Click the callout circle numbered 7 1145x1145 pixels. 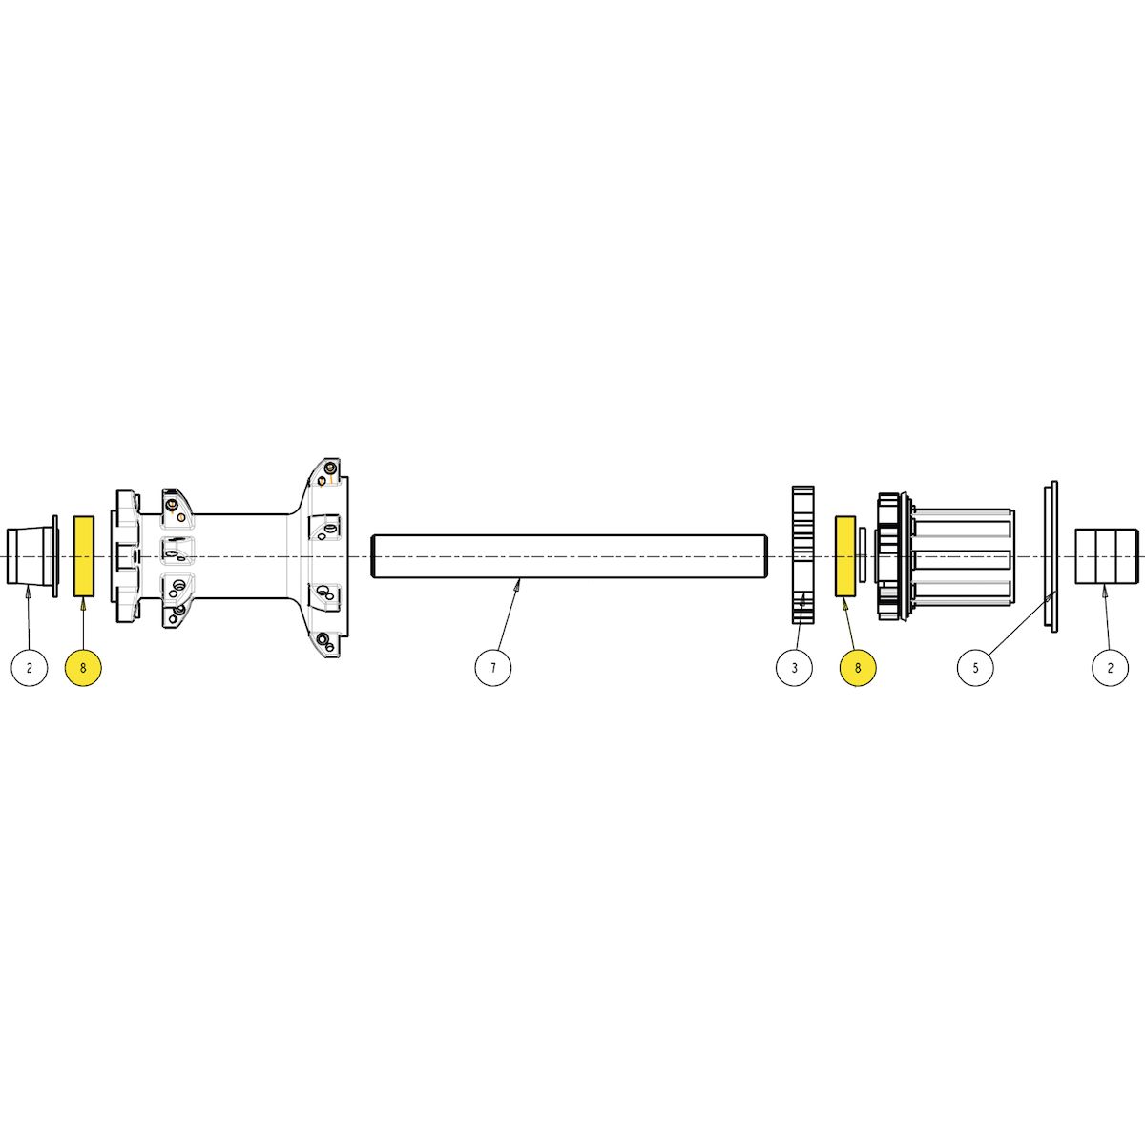click(492, 667)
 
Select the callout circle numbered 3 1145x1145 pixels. click(795, 667)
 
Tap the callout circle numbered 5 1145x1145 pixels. click(976, 667)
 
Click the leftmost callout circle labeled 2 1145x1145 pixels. click(30, 667)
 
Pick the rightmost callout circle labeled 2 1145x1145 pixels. click(1110, 667)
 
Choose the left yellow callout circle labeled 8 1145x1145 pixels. click(83, 667)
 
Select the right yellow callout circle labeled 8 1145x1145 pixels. click(858, 667)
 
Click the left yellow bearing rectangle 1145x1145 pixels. click(83, 556)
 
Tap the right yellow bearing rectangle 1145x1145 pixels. click(845, 556)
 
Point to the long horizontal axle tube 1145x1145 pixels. click(569, 556)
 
